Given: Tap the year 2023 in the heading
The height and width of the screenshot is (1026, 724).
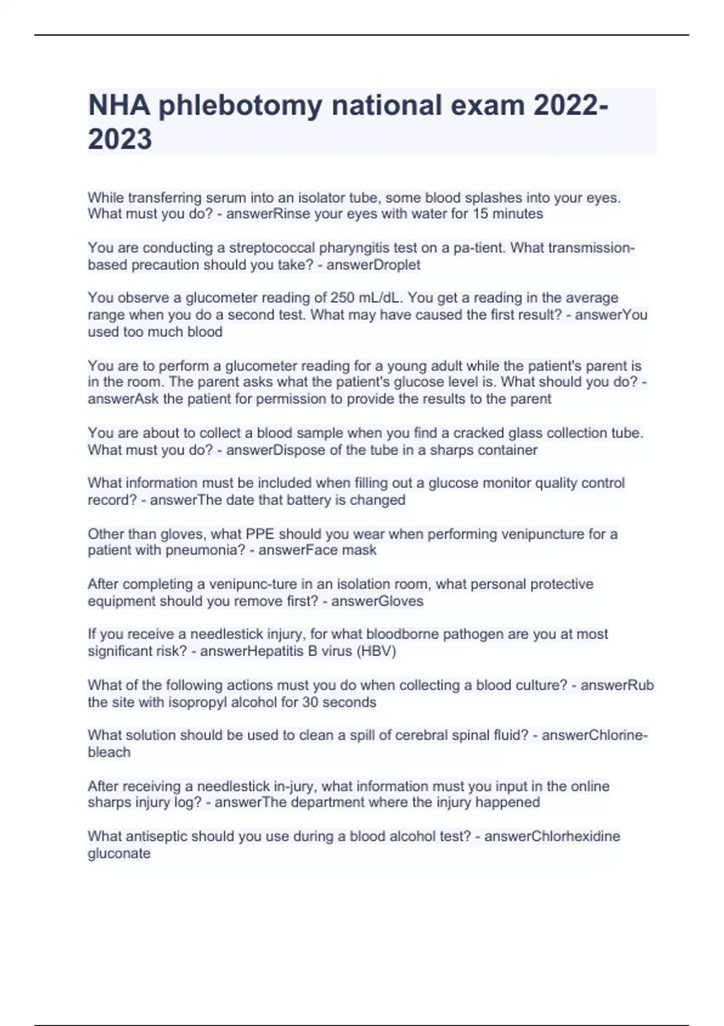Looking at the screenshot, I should coord(119,139).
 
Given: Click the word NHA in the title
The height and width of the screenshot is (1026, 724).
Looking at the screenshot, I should coord(119,106).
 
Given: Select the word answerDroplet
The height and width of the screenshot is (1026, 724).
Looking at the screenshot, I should coord(373,265).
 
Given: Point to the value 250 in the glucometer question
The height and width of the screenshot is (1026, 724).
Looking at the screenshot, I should coord(342,298).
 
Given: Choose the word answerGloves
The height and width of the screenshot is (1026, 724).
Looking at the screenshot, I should coord(378,601).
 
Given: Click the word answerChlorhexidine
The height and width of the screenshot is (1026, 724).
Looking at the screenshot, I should coord(552,836).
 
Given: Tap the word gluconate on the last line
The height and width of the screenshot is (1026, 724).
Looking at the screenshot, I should coord(119,854).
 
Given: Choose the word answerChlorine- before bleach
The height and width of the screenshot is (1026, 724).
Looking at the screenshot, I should coord(595,736).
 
